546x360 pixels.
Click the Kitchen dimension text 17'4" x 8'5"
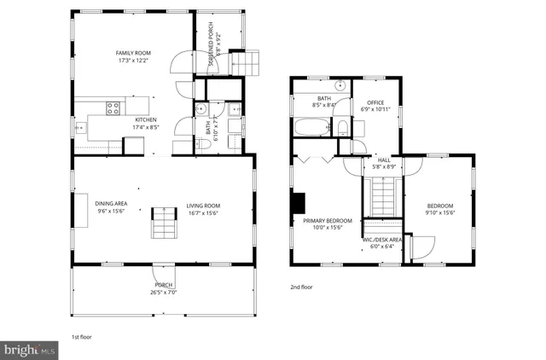pos(146,127)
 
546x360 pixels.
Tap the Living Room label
pos(204,206)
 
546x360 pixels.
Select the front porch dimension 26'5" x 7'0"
pos(163,293)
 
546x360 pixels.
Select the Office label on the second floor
pos(375,102)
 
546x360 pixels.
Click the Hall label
pos(385,160)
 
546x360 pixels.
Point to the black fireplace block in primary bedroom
pos(298,203)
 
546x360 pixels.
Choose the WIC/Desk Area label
pos(382,240)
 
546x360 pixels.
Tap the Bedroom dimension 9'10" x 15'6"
pos(440,212)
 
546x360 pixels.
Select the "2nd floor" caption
pos(301,287)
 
